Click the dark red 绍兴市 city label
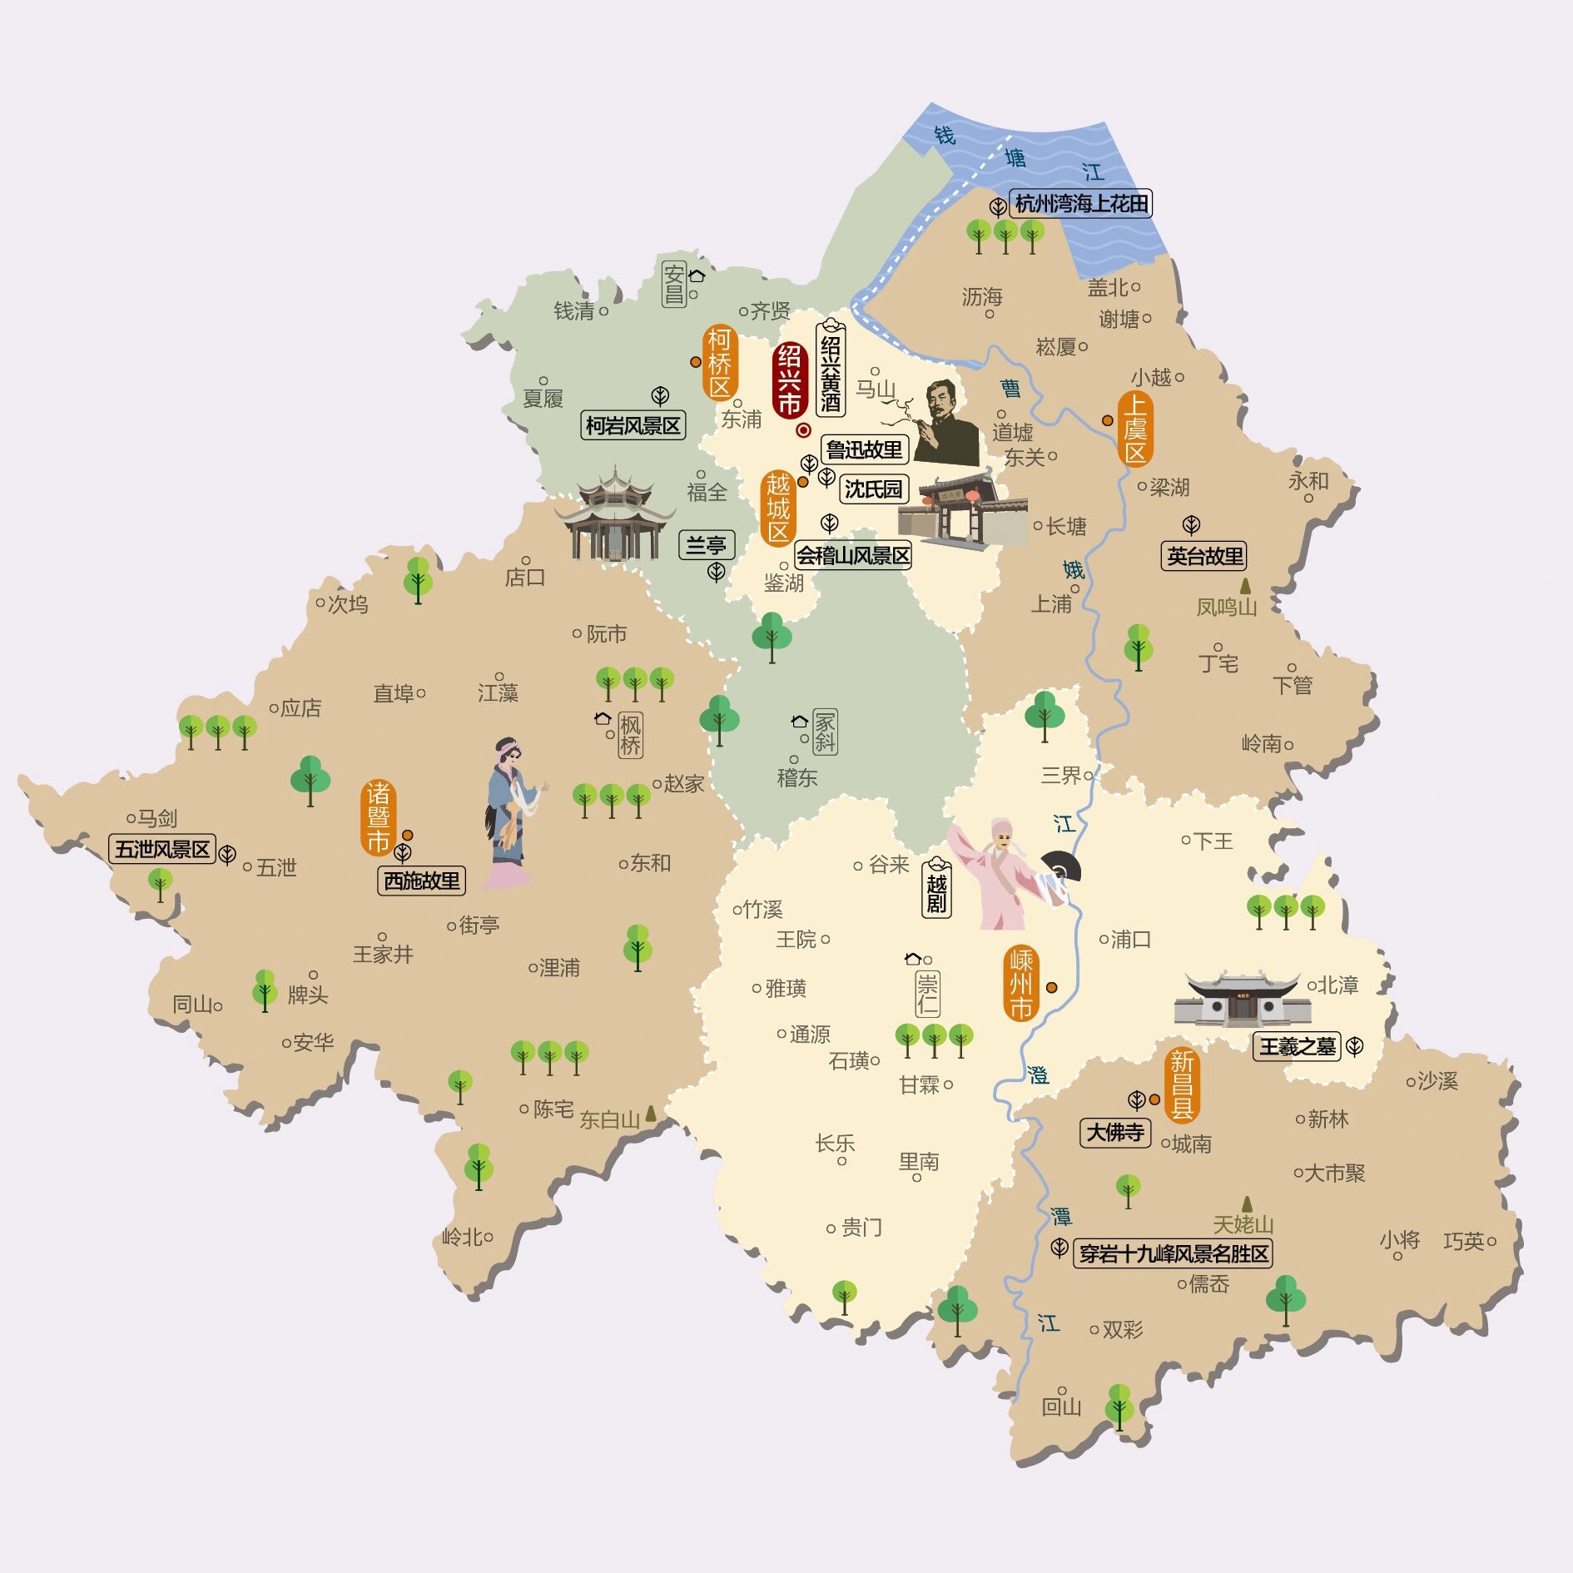[x=789, y=380]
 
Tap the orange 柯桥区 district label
[x=719, y=363]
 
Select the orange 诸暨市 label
[x=378, y=817]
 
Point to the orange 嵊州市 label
[x=1020, y=984]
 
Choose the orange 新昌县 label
[x=1182, y=1084]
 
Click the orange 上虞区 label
[x=1135, y=429]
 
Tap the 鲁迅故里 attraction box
[x=864, y=450]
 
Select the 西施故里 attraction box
[x=421, y=881]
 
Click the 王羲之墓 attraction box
[x=1297, y=1046]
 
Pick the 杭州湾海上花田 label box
[x=1081, y=204]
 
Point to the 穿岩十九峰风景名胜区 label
[x=1174, y=1253]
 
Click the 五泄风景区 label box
[x=162, y=850]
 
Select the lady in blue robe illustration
[x=509, y=811]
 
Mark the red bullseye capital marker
[x=803, y=430]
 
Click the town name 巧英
[x=1464, y=1242]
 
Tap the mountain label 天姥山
[x=1243, y=1224]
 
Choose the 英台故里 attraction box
[x=1204, y=556]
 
